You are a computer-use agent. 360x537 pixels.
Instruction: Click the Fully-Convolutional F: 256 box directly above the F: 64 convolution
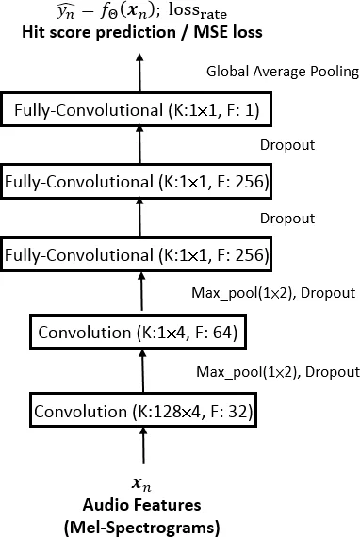139,254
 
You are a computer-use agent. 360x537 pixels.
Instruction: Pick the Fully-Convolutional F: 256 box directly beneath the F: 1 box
139,179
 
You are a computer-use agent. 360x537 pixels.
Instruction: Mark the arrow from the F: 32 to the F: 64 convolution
142,371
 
